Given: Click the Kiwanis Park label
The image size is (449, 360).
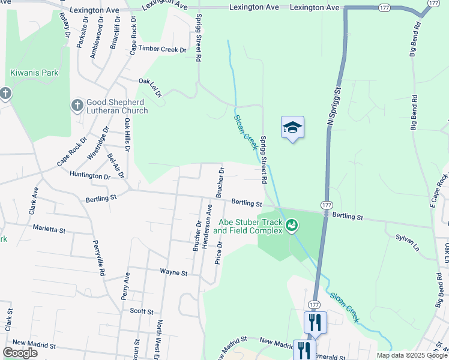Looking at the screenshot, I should [34, 73].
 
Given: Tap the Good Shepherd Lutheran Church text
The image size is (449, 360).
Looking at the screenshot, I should [117, 106].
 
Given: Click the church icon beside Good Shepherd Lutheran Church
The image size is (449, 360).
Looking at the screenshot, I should [77, 106].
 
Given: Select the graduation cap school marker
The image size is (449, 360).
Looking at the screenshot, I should [292, 127].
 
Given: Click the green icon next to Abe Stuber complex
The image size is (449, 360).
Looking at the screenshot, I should [292, 226].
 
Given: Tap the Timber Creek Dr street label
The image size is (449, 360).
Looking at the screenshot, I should [162, 49].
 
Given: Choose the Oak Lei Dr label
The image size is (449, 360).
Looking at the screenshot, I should [150, 87].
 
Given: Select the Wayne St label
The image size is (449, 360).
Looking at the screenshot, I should [173, 272].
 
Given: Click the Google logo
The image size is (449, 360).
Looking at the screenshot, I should [20, 353].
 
